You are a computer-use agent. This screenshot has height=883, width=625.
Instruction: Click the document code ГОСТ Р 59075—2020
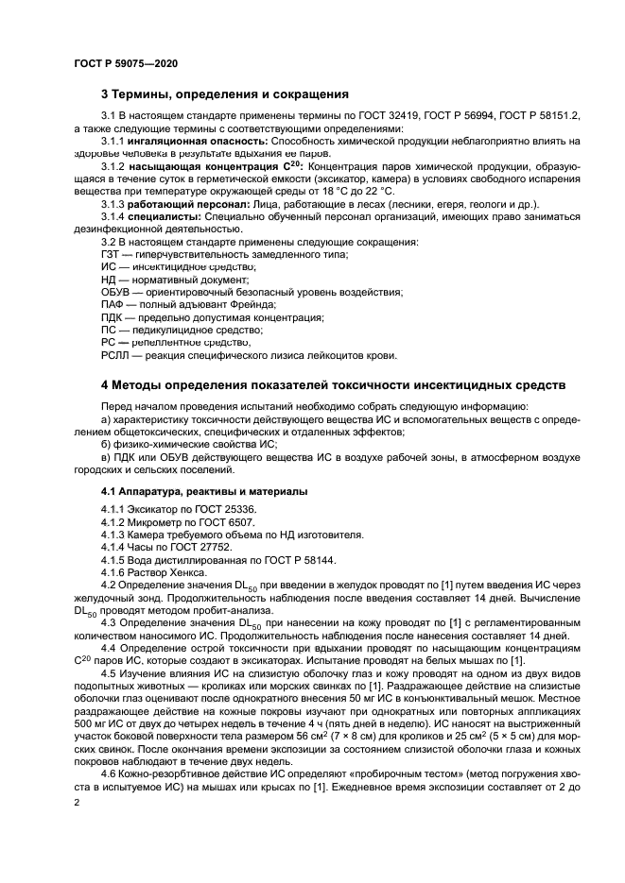(x=125, y=62)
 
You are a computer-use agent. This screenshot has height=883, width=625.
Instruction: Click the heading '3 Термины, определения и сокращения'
(x=225, y=94)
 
